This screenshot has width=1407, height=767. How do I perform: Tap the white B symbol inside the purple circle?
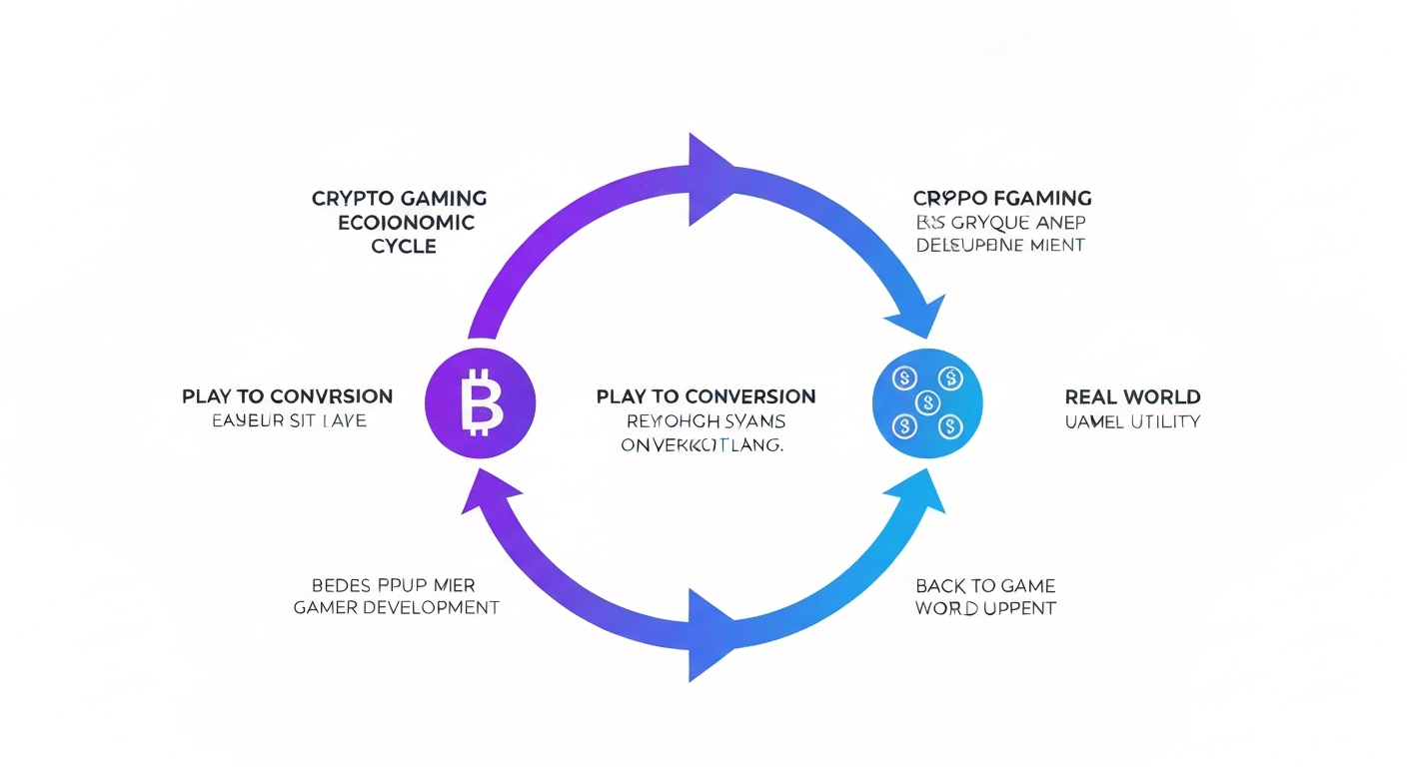click(x=482, y=403)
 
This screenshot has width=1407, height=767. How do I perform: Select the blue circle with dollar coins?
click(x=927, y=402)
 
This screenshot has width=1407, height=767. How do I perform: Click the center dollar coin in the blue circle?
click(x=927, y=400)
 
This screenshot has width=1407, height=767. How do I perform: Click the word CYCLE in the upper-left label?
click(x=404, y=246)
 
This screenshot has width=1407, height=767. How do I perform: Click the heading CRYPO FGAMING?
click(x=1001, y=198)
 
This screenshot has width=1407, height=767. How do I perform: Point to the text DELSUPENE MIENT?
click(x=1000, y=245)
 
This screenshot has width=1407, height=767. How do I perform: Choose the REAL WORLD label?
click(x=1133, y=396)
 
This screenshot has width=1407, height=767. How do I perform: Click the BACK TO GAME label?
click(x=985, y=585)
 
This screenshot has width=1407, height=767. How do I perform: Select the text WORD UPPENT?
click(x=985, y=608)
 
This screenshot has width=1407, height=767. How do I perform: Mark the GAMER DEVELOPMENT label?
click(x=397, y=607)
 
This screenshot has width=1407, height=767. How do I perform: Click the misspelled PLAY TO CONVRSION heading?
click(x=287, y=396)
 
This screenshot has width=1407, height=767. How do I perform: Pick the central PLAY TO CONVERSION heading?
click(x=705, y=396)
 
